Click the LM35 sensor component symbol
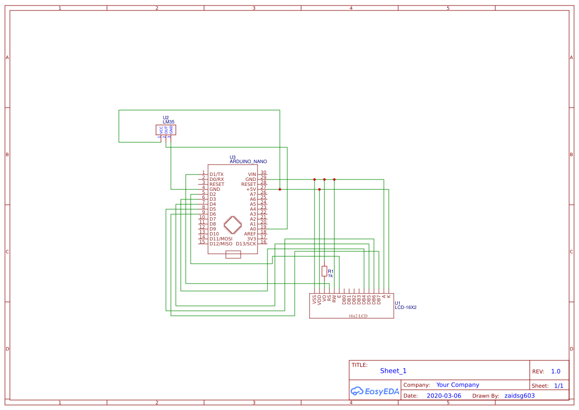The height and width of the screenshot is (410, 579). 166,130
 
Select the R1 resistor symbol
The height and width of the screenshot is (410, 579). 324,271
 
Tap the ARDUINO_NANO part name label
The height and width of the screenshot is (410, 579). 248,162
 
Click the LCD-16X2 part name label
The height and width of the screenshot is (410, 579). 406,307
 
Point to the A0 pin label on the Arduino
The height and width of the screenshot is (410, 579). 253,229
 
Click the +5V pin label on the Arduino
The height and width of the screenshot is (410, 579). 251,189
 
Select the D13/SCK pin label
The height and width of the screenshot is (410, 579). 246,244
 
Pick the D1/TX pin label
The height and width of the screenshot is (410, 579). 216,175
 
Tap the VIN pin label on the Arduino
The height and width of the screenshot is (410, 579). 252,175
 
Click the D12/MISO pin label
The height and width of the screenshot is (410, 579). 220,244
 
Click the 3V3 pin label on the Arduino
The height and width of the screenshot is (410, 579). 252,239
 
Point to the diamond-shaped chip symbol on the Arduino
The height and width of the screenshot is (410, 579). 233,225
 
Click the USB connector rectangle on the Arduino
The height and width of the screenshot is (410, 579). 233,255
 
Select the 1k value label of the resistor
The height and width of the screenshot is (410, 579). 330,276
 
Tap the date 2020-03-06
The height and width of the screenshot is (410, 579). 444,396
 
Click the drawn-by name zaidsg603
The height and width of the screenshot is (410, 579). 520,396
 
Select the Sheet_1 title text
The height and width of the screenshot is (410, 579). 393,371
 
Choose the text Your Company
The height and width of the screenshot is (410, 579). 458,385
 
